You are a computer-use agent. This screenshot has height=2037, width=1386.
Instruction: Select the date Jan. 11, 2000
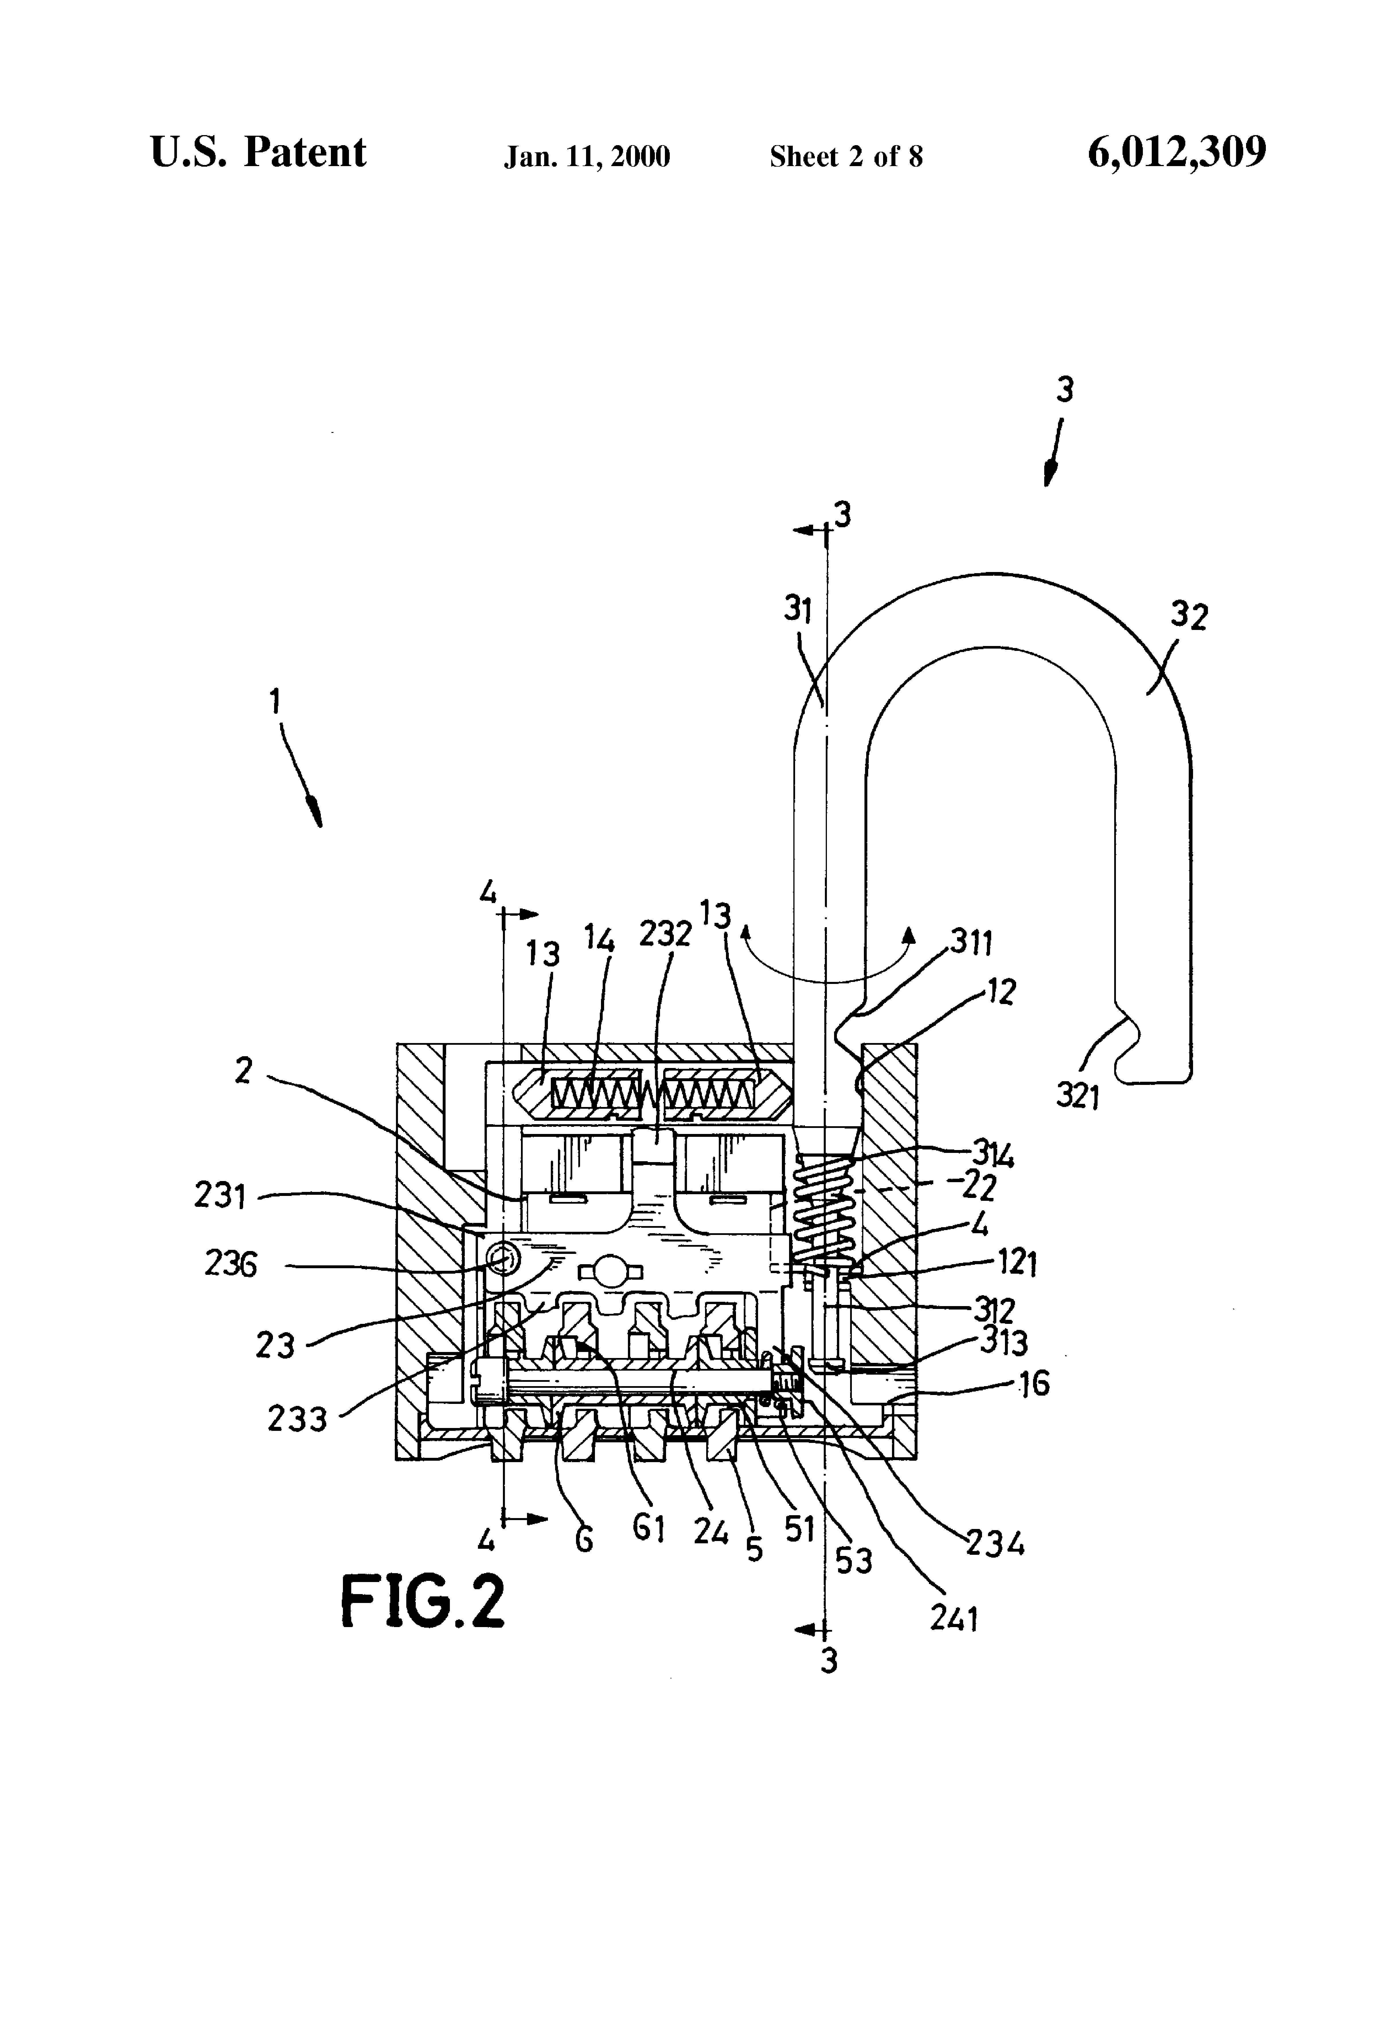click(x=587, y=157)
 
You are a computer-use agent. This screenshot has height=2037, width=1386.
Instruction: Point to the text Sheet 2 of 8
click(x=846, y=157)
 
